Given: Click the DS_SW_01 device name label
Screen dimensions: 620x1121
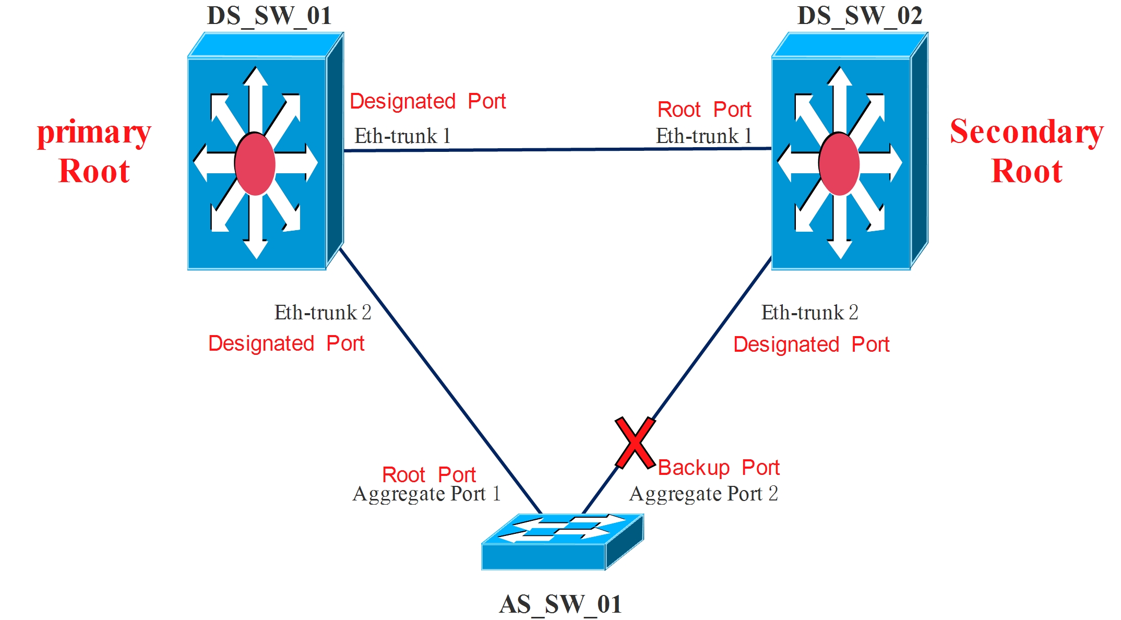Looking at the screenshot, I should coord(269,16).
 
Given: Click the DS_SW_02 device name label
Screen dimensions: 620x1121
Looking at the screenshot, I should coord(860,16).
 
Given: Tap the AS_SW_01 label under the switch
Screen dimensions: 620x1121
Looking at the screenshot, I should coord(560,604).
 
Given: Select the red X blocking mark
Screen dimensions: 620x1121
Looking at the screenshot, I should coord(635,443).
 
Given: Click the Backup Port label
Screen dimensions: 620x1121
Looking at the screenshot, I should coord(718,468).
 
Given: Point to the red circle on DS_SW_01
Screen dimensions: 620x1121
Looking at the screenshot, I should coord(255,164).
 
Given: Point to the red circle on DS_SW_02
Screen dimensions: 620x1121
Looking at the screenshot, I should coord(839,164).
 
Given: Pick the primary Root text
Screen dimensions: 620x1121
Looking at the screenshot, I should coord(94,151).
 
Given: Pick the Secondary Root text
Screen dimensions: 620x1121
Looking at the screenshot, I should coord(1027,151).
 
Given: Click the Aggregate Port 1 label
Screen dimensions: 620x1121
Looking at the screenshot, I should coord(426,494).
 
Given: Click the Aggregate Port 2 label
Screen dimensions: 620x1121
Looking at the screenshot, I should coord(703,494).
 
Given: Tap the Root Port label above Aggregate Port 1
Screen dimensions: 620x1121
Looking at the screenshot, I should coord(428,475).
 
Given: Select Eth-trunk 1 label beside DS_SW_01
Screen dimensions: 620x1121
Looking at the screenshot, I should coord(402,136).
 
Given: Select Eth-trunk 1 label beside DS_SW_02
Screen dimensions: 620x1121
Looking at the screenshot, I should coord(703,136).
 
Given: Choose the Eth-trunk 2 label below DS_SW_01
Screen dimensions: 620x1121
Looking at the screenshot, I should coord(323,313).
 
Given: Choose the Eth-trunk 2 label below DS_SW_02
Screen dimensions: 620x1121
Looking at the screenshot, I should coord(809,313).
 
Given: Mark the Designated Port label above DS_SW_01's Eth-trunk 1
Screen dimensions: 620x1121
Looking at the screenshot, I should coord(427,101).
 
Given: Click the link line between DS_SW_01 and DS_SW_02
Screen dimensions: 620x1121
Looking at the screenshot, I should coord(557,150).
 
